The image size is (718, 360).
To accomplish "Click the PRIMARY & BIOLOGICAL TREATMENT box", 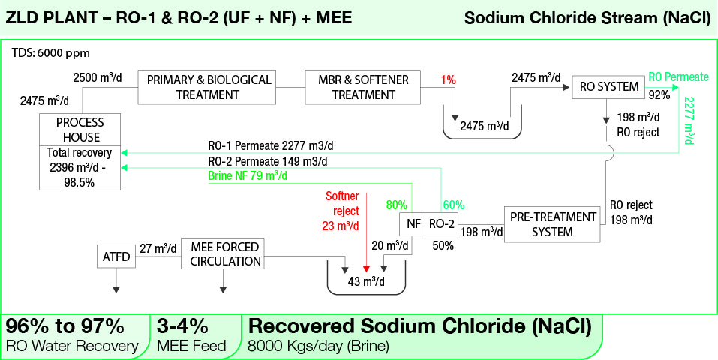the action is coord(207,87).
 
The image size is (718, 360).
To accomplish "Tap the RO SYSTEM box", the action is coord(608,86).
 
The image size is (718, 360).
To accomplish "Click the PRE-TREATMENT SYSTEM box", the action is coord(552,224).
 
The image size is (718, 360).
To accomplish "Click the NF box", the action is coord(413,224).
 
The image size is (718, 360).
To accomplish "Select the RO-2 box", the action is coord(442,224).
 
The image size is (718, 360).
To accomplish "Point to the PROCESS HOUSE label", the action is coord(80,130).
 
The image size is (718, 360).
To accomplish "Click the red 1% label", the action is coord(448,80).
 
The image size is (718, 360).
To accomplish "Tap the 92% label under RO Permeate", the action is coord(659,95).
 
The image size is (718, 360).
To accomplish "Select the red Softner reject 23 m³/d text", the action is coord(343,211).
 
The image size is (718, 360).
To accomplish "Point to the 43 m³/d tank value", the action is coord(366,281).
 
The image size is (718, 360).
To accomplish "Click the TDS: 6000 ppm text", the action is coord(51,53).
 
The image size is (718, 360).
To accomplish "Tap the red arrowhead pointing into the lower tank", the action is coord(365,268).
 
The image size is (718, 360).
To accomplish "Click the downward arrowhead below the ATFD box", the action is coord(116,289).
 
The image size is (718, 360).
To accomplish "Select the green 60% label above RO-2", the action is coord(453,205).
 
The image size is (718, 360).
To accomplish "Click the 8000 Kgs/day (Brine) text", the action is coord(318,346).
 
